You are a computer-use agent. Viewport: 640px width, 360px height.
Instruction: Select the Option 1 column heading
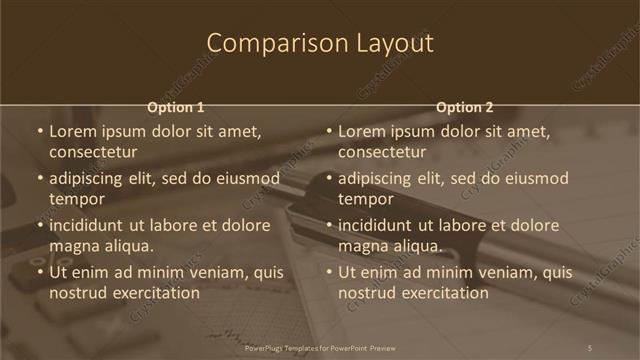click(176, 107)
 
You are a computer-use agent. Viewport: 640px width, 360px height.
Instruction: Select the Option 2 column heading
click(465, 107)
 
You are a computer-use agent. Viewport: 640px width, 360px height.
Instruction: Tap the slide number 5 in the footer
click(590, 347)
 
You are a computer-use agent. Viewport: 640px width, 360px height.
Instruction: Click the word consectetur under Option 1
click(93, 153)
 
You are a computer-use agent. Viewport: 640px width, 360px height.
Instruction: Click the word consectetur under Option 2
click(382, 153)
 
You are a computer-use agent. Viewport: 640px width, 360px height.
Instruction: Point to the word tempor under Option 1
click(76, 199)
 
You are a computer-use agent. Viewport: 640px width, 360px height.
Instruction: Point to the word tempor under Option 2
click(365, 199)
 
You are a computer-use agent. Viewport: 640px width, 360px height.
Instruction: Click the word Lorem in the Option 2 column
click(361, 132)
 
